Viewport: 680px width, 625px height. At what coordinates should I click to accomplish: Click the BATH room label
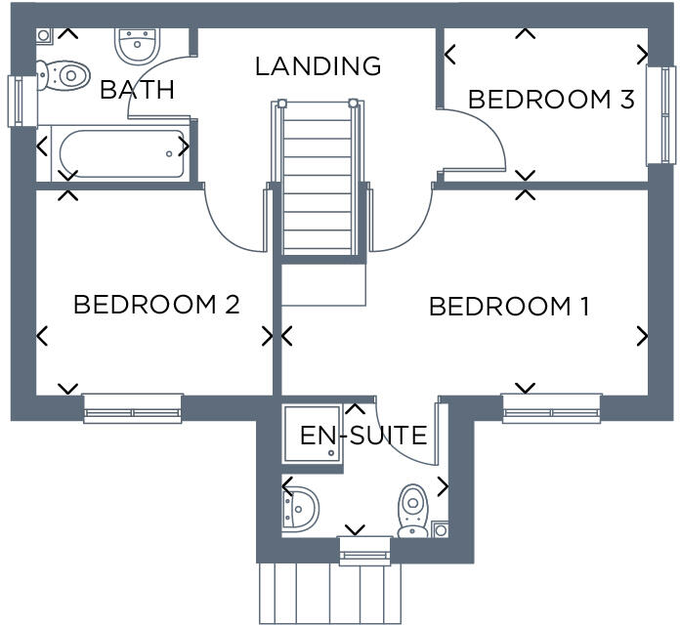point(137,90)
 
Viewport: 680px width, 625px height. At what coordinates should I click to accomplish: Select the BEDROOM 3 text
point(551,99)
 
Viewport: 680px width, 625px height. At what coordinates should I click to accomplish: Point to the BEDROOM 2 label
point(156,305)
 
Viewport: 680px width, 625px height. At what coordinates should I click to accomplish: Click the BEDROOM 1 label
point(509,307)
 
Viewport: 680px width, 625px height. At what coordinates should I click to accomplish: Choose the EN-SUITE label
point(363,436)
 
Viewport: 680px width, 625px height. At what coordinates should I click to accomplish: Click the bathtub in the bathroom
point(122,153)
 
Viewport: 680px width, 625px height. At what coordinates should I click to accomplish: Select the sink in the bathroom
point(138,45)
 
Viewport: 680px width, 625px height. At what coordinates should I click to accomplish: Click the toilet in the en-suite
point(414,508)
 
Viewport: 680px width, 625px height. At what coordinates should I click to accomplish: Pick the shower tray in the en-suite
point(311,439)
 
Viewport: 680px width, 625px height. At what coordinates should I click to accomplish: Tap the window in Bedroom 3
point(661,115)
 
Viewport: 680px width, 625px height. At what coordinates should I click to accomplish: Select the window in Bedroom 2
point(133,408)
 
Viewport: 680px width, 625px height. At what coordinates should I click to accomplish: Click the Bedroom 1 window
point(552,408)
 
